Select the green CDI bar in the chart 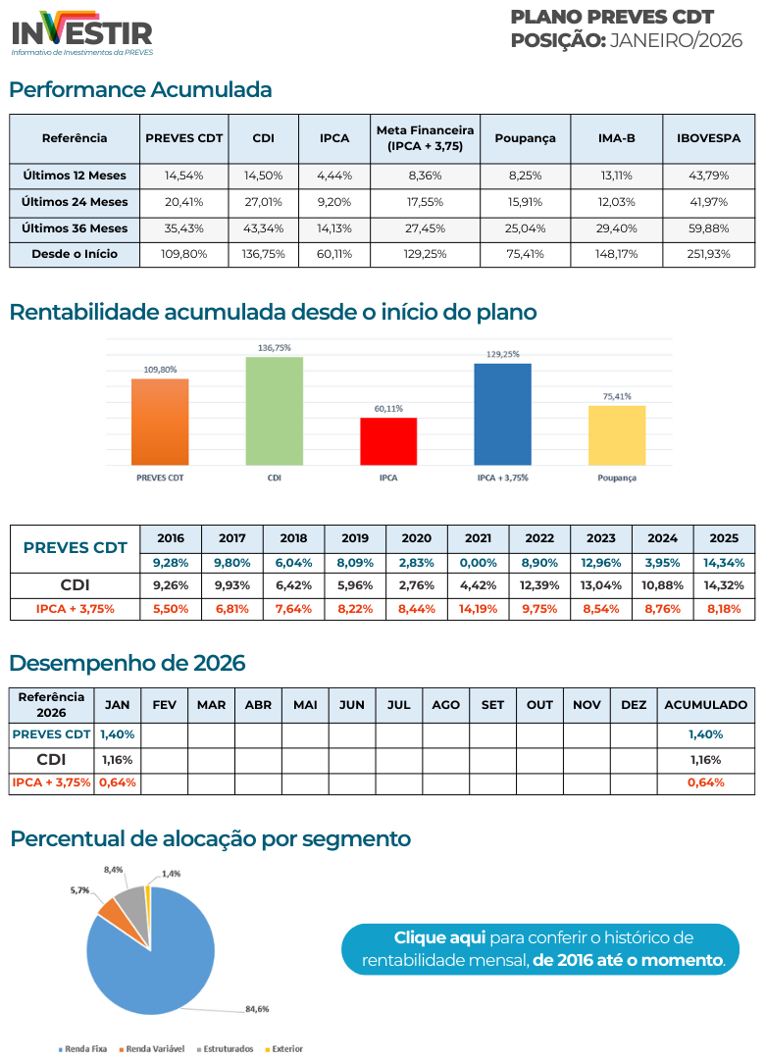tap(274, 411)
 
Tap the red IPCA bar tap(388, 441)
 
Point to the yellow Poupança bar tap(617, 435)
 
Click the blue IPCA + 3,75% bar tap(502, 414)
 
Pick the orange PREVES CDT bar tap(160, 422)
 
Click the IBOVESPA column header tap(708, 138)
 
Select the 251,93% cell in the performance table tap(708, 254)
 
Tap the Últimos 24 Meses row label tap(75, 202)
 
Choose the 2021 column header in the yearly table tap(478, 538)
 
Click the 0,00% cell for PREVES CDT tap(478, 563)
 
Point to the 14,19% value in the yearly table tap(478, 608)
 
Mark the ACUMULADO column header tap(705, 704)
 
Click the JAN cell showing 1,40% tap(117, 733)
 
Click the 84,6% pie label tap(257, 1008)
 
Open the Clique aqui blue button tap(539, 948)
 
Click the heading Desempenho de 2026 tap(128, 663)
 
